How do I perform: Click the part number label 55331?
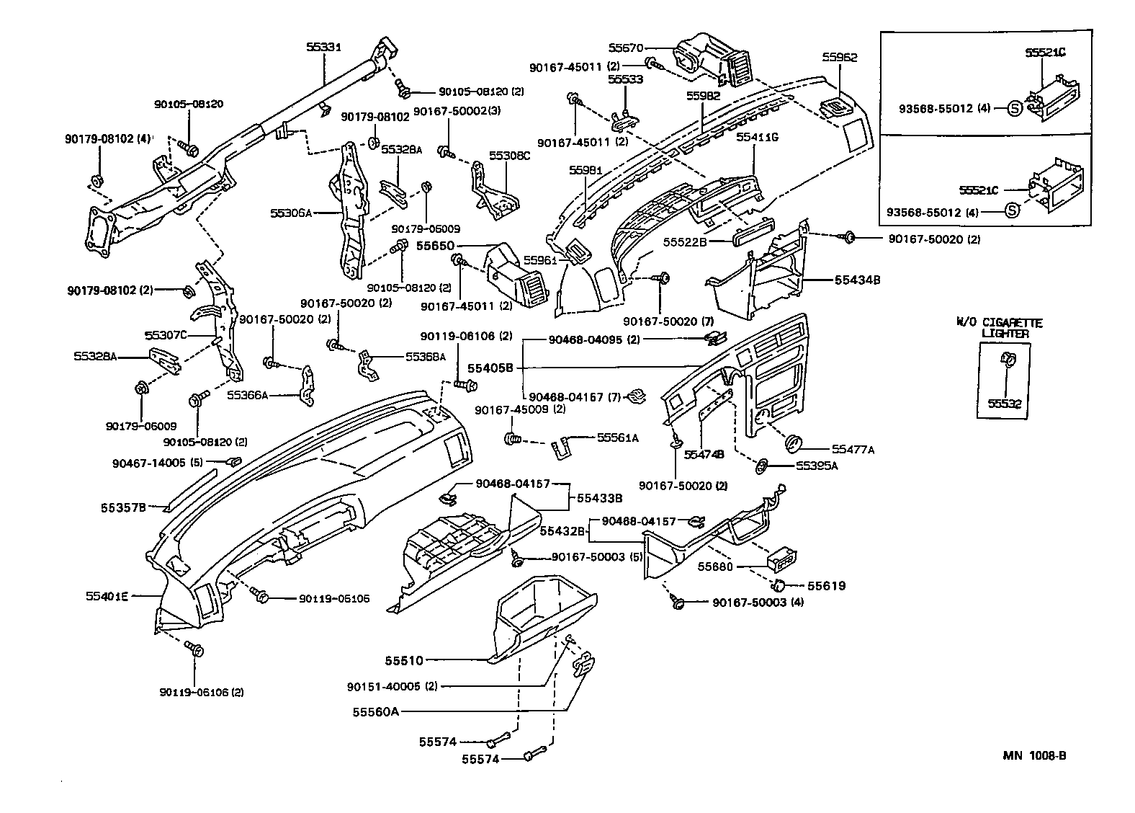tap(323, 47)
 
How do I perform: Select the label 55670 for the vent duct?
tap(625, 48)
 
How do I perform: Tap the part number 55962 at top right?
tap(840, 58)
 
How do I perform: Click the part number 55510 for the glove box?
tap(403, 660)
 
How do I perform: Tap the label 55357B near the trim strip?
tap(123, 507)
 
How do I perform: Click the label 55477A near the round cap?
tap(853, 450)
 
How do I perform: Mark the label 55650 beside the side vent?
tap(435, 246)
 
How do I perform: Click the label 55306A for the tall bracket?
tap(291, 213)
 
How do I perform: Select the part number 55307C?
tap(166, 335)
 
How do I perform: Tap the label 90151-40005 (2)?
tap(392, 686)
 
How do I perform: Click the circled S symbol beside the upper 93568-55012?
tap(1013, 109)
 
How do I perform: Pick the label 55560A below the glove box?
tap(375, 711)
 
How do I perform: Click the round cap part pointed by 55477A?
tap(795, 442)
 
